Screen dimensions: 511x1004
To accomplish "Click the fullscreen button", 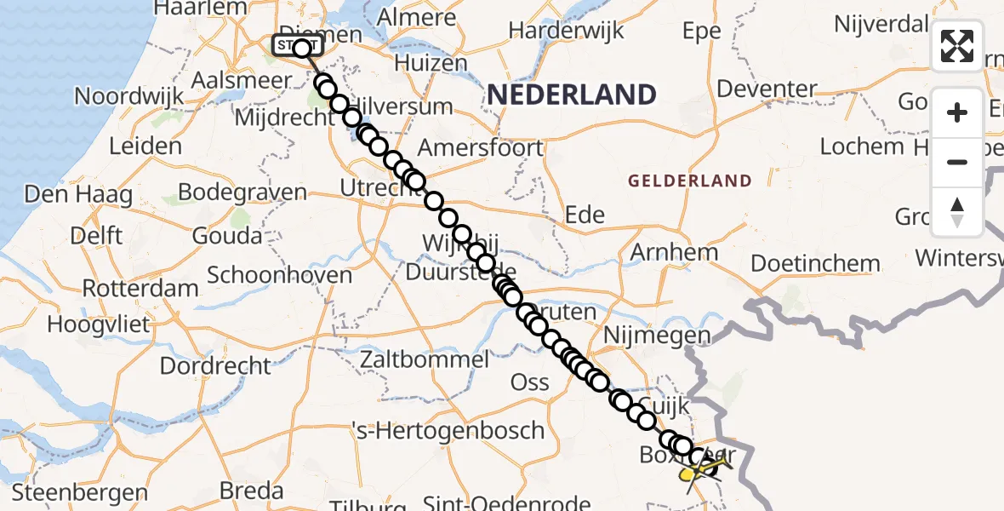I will (957, 46).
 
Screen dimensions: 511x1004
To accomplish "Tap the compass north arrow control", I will (957, 211).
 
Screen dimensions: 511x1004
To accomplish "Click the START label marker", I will (297, 46).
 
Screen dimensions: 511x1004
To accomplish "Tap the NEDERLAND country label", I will (571, 94).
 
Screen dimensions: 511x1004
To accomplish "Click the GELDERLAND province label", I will (690, 181).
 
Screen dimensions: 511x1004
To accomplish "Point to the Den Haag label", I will (78, 195).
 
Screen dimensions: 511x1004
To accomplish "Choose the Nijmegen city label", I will (657, 336).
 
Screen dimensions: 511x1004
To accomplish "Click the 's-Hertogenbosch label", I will (449, 431).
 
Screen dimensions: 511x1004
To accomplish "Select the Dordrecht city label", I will (215, 366).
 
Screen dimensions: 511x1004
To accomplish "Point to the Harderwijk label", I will (566, 32).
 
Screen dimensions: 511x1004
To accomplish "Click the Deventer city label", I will (767, 89).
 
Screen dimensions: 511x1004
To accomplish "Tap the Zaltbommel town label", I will (425, 359).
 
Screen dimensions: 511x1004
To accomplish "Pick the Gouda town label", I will (227, 235).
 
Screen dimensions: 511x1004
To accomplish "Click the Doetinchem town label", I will (815, 263).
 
